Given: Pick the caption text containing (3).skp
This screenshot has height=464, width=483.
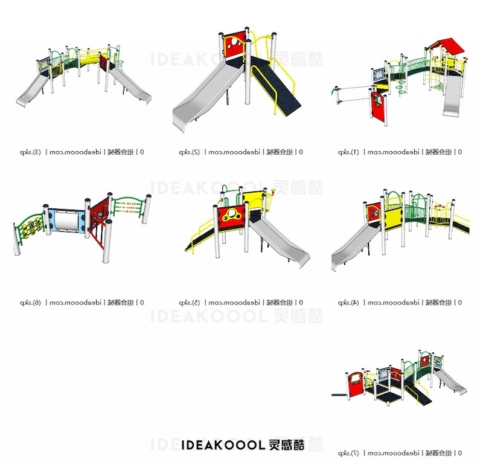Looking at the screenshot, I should pos(82,152).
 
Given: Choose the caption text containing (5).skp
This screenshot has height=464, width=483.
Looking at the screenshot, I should pos(241,302).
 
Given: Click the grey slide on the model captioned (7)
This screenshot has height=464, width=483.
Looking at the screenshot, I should pos(449,380).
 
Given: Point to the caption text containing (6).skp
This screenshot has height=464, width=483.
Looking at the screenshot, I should pos(82,302).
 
